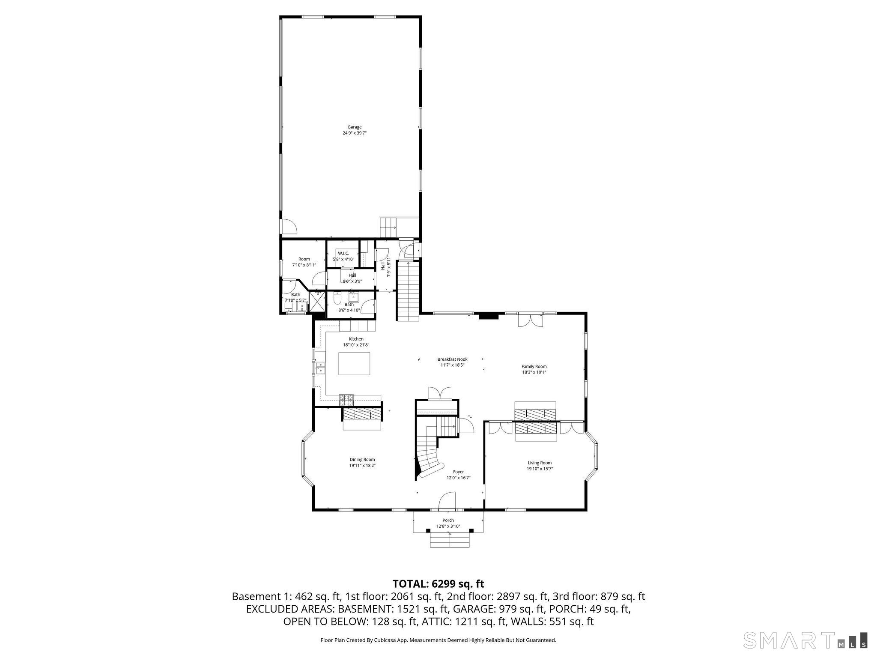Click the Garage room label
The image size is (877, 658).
354,127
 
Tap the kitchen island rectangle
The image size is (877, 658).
354,364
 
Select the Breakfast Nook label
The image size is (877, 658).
452,359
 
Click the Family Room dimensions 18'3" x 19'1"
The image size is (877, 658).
534,372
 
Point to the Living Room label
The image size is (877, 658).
540,463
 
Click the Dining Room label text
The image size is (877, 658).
362,460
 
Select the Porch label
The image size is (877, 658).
448,520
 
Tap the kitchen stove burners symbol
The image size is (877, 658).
347,400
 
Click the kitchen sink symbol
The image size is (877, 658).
320,368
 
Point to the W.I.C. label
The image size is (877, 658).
343,253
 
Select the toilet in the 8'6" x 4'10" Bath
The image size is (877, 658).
337,297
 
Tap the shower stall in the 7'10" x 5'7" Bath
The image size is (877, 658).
317,302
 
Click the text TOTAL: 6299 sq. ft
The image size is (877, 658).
438,583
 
